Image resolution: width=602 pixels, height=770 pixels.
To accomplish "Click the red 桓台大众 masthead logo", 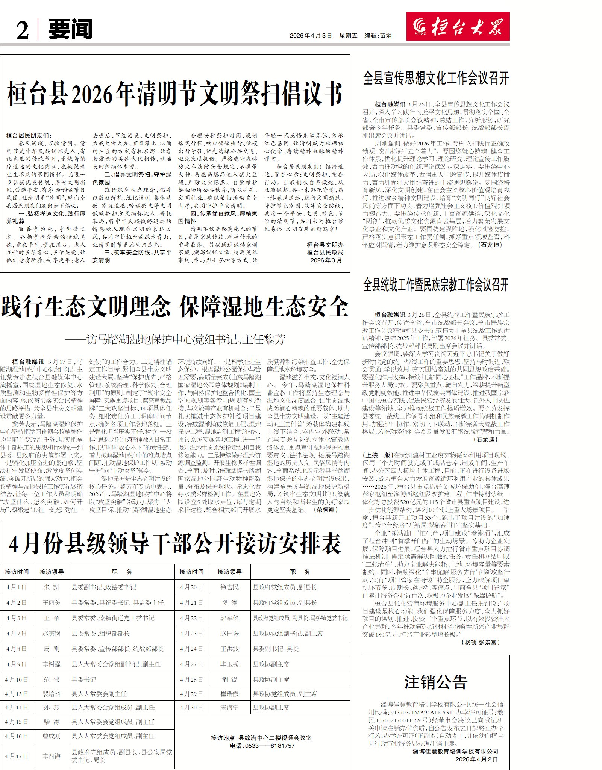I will (x=457, y=26).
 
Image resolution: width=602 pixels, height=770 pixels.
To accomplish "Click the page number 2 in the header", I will (x=23, y=30).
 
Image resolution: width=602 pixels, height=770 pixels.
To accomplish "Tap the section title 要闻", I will (x=70, y=29).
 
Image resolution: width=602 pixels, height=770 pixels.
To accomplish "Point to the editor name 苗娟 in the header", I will (x=385, y=35).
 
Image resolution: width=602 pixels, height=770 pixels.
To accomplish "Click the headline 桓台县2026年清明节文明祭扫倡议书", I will (x=175, y=94).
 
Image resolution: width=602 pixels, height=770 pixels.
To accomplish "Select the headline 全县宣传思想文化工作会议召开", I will (x=436, y=78).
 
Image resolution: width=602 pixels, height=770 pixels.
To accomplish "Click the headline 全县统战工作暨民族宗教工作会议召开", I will (x=436, y=285).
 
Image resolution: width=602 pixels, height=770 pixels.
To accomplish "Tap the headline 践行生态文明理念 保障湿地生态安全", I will (x=175, y=307).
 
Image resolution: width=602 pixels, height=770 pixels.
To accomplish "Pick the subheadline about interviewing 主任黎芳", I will (x=175, y=339).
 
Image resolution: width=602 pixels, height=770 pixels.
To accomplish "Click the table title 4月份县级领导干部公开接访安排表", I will (x=175, y=544).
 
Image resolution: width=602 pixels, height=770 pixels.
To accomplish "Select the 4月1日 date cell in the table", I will (x=17, y=587).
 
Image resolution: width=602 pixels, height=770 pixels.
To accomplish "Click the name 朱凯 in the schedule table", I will (x=52, y=587).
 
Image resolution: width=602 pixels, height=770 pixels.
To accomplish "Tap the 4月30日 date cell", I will (x=191, y=707).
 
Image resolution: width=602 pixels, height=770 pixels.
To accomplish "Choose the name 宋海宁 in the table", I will (x=229, y=707).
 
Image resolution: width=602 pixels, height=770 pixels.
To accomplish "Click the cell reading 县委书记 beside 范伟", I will (x=84, y=679).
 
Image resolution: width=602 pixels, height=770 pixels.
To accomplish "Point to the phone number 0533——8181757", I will (x=262, y=746).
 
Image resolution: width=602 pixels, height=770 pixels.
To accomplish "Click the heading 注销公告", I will (x=436, y=682).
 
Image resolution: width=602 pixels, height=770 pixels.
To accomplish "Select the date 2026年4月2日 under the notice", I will (x=476, y=759).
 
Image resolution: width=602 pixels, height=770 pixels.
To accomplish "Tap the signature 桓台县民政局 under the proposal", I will (x=325, y=252).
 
